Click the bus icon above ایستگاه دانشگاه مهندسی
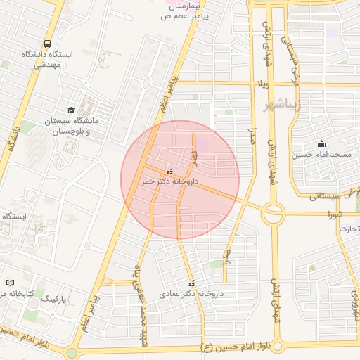[x=47, y=44]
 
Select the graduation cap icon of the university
[x=70, y=110]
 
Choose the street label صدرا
[x=250, y=135]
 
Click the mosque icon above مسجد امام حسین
[x=321, y=144]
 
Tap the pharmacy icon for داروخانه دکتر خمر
[x=169, y=171]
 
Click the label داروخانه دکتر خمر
[x=169, y=181]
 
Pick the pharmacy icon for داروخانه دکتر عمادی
[x=191, y=283]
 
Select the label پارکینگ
[x=58, y=299]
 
